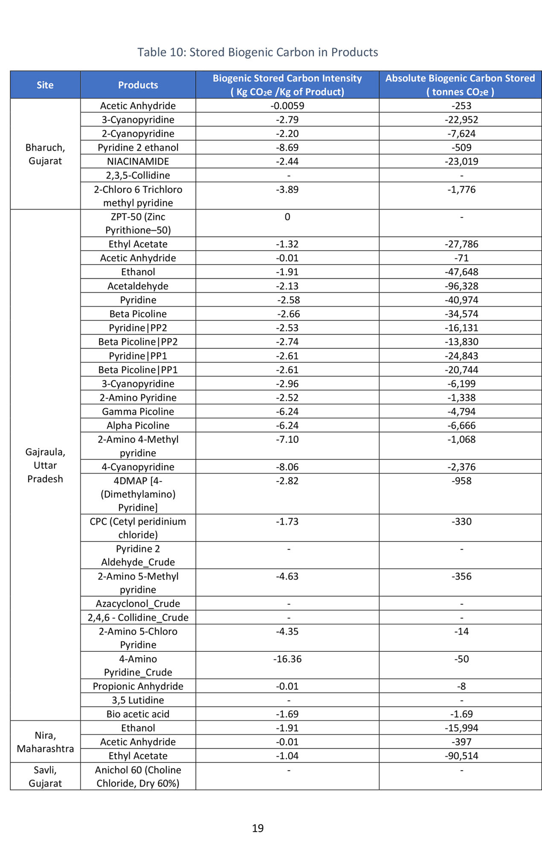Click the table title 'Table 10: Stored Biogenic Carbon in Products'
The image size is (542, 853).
pos(257,52)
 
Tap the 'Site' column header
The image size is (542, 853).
pos(45,85)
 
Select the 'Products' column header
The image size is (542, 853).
pos(138,85)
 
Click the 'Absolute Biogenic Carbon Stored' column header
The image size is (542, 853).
pos(460,85)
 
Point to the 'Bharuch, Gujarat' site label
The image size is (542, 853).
pos(45,154)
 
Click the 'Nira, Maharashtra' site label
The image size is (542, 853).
pos(45,742)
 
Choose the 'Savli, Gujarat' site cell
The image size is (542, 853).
pos(45,776)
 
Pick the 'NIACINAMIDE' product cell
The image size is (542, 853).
pos(138,161)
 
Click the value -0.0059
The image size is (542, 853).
pos(287,106)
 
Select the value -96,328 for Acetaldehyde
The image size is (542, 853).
pos(461,286)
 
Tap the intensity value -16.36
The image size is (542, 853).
pos(287,659)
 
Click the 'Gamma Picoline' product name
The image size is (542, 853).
pos(138,411)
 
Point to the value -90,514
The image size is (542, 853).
pos(461,755)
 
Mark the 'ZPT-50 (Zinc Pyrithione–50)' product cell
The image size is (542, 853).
pos(138,223)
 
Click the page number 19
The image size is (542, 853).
pos(258,828)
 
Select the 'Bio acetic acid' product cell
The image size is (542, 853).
pos(138,714)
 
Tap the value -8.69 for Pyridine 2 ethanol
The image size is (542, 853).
pos(287,147)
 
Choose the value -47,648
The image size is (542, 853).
pos(461,272)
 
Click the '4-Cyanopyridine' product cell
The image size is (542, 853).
pos(138,467)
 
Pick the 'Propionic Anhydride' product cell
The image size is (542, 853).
pos(138,686)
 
